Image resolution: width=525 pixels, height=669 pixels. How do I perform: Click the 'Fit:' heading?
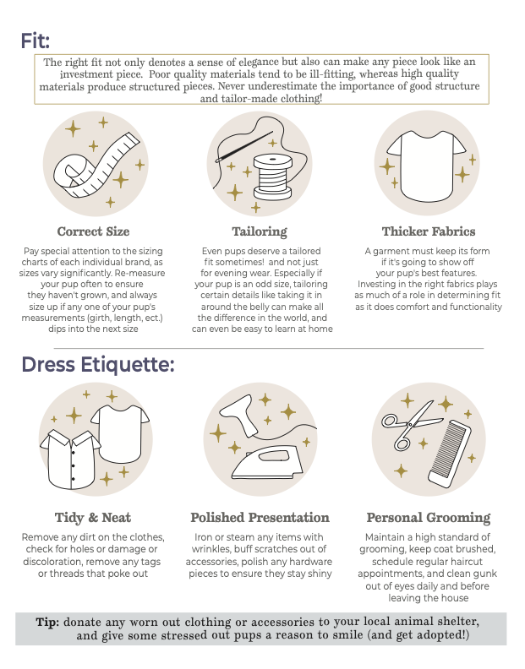(x=36, y=41)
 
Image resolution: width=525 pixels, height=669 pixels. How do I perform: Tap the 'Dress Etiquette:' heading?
(x=98, y=365)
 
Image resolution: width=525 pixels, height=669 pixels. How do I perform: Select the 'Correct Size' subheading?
(x=93, y=231)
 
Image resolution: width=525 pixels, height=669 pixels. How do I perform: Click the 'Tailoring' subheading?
(x=260, y=231)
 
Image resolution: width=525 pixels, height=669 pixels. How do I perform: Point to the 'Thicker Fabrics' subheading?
(x=429, y=231)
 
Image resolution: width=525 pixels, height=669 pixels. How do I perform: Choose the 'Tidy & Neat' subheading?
(x=93, y=518)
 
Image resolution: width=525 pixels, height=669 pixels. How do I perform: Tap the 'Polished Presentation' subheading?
(x=260, y=518)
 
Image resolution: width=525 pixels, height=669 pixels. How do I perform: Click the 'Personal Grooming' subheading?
(x=429, y=518)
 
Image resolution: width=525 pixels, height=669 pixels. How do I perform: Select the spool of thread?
(x=273, y=177)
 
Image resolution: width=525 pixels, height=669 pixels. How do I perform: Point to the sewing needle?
(x=244, y=147)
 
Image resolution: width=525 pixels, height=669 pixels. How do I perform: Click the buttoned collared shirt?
(x=70, y=459)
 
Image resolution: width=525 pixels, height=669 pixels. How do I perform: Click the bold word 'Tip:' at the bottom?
(x=47, y=622)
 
